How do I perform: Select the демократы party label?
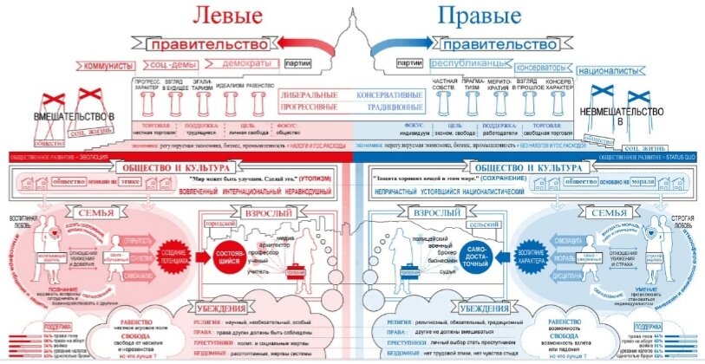239,63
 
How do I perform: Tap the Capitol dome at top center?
352,26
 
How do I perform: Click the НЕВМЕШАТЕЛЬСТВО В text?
630,118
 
